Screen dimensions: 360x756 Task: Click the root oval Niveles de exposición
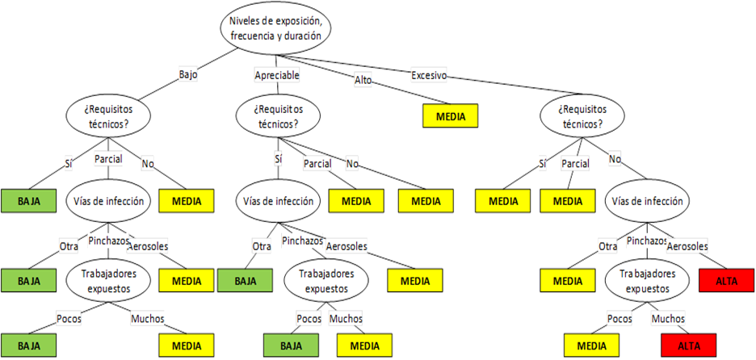click(275, 28)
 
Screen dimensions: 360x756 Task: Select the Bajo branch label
click(187, 74)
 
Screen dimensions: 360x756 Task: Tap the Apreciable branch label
click(277, 75)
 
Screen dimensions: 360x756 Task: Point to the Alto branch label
click(363, 79)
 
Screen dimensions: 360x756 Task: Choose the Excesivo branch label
click(428, 75)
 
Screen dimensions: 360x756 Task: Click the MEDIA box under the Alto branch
click(450, 116)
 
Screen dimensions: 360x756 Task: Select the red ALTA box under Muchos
click(688, 345)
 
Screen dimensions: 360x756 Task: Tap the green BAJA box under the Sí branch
click(28, 200)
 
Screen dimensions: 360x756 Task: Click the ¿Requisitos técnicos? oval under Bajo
click(108, 116)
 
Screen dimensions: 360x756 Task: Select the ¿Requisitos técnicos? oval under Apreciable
click(279, 116)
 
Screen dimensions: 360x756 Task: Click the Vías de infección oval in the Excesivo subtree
click(648, 201)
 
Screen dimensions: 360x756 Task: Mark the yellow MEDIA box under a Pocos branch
click(592, 345)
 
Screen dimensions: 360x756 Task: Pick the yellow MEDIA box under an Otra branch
click(568, 280)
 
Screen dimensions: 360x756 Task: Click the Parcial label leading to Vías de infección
click(108, 158)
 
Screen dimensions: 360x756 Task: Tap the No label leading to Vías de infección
click(615, 159)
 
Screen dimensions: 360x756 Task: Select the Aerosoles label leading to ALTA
click(687, 245)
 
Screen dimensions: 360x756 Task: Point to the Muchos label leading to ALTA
click(668, 318)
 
